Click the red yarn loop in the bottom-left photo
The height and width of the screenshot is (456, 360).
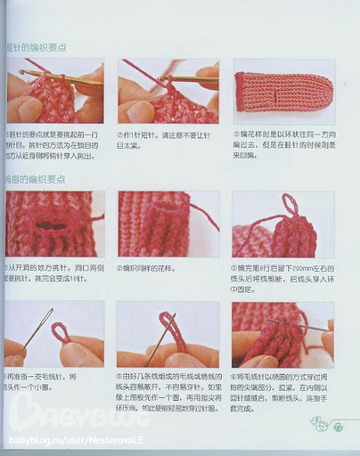point(62,333)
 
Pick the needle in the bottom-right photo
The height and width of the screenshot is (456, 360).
point(299,327)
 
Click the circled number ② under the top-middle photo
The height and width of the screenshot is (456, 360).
point(122,132)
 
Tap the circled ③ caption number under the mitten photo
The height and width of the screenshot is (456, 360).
point(236,132)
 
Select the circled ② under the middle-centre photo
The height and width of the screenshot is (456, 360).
point(122,266)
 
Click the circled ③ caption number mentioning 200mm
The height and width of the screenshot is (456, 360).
point(236,266)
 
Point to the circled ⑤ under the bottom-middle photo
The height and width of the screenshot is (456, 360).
point(122,377)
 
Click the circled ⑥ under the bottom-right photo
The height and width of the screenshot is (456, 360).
point(236,377)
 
